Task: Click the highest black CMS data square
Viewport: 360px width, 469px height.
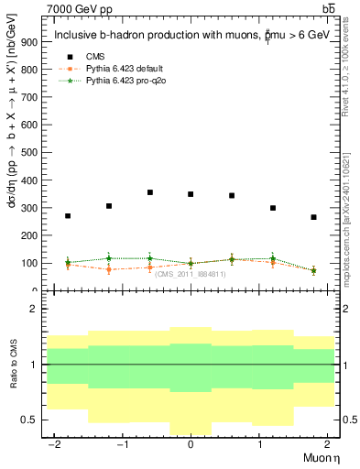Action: (x=149, y=192)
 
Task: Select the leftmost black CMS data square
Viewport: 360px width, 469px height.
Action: (x=68, y=216)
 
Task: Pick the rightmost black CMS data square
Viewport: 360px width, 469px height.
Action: (x=313, y=217)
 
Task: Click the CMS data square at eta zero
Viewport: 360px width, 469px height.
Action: (x=191, y=194)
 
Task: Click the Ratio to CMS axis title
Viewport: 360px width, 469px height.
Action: (x=14, y=365)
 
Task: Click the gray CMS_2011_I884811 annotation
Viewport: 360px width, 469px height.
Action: (x=190, y=274)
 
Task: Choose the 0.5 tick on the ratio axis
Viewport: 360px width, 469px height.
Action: (x=32, y=420)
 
